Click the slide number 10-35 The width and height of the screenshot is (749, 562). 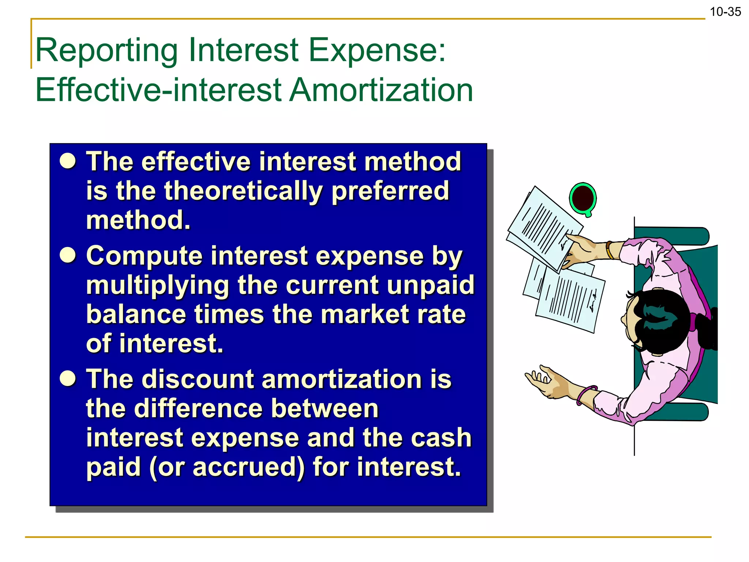tap(725, 12)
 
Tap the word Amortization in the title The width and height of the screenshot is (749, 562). tap(381, 90)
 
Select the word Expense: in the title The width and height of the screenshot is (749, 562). tap(377, 50)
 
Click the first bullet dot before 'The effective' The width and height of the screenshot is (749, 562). tap(68, 161)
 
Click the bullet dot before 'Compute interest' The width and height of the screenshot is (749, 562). tap(68, 255)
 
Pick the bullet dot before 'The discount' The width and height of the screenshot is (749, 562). tap(68, 378)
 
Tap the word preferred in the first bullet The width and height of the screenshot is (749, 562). tap(390, 191)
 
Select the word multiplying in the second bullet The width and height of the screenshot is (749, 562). tap(157, 285)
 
